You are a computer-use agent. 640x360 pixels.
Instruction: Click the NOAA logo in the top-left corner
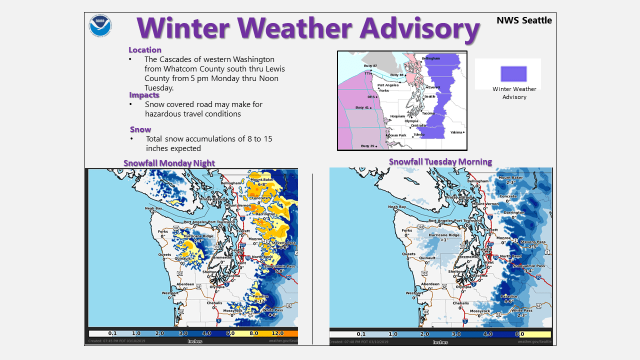click(x=100, y=25)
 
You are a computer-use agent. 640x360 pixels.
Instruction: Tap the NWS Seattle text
click(x=524, y=20)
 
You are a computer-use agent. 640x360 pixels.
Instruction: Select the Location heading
click(x=145, y=50)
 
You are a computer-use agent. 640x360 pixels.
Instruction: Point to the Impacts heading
click(x=144, y=95)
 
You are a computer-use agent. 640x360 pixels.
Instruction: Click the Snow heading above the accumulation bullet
click(x=140, y=129)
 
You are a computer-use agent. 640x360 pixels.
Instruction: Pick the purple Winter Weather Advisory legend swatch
click(x=513, y=74)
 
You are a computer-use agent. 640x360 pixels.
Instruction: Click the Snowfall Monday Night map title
click(x=169, y=163)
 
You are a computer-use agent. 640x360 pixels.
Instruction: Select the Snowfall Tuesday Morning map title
click(x=440, y=161)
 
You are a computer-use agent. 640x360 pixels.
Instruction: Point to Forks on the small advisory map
click(x=383, y=90)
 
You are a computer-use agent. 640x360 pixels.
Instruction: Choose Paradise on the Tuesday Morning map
click(x=509, y=296)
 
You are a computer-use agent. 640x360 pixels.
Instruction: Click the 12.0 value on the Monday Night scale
click(x=278, y=333)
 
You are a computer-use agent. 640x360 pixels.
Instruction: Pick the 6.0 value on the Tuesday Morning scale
click(x=519, y=334)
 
